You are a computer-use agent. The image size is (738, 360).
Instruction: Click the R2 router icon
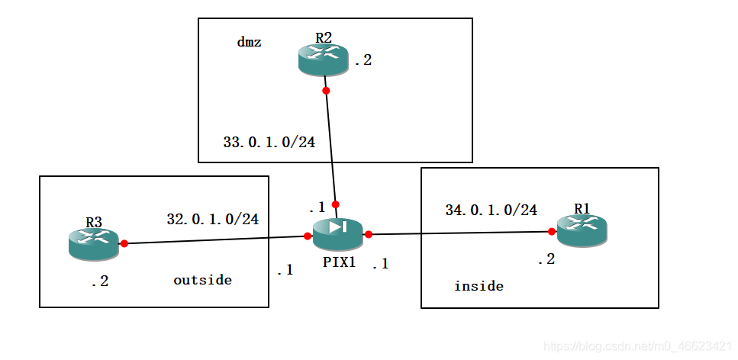323,59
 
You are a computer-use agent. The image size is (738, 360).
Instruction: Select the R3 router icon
93,243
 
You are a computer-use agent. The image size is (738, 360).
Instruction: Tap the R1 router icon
582,230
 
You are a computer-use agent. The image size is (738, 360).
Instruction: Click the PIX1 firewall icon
337,233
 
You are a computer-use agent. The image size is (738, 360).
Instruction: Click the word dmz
249,43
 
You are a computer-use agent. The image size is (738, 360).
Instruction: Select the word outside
202,280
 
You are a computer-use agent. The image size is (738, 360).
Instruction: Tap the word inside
479,286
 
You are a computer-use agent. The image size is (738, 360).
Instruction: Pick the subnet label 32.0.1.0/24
212,219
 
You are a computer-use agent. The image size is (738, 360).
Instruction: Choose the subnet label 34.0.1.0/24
491,210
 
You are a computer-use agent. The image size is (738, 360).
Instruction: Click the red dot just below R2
326,91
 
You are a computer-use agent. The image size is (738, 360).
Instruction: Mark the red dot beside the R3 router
124,244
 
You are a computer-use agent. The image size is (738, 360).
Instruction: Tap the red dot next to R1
550,231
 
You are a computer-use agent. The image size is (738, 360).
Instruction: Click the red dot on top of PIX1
335,204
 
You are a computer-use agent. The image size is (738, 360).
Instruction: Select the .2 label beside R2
363,60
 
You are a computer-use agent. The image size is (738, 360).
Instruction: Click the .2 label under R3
99,281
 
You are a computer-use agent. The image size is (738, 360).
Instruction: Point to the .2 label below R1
546,259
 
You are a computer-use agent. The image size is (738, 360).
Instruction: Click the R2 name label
323,37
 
